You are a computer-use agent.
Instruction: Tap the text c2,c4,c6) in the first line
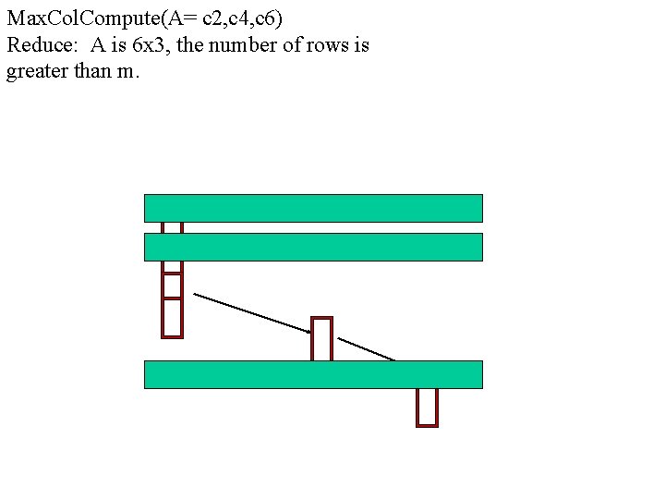coord(241,18)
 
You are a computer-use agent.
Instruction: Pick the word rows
coord(328,44)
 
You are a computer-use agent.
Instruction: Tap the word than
coord(92,71)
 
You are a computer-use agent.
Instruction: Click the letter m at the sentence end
coord(126,72)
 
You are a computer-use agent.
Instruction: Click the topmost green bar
coord(313,208)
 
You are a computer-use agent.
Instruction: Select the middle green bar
coord(313,247)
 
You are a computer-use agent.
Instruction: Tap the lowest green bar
coord(313,374)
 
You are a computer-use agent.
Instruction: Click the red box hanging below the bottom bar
coord(427,407)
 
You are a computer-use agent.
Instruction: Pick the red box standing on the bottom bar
coord(321,339)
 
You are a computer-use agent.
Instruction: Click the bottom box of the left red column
coord(173,318)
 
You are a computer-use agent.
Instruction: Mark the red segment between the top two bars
coord(173,227)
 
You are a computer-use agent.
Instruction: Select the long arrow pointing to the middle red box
coord(251,312)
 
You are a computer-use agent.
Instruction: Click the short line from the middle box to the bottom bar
coord(367,349)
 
